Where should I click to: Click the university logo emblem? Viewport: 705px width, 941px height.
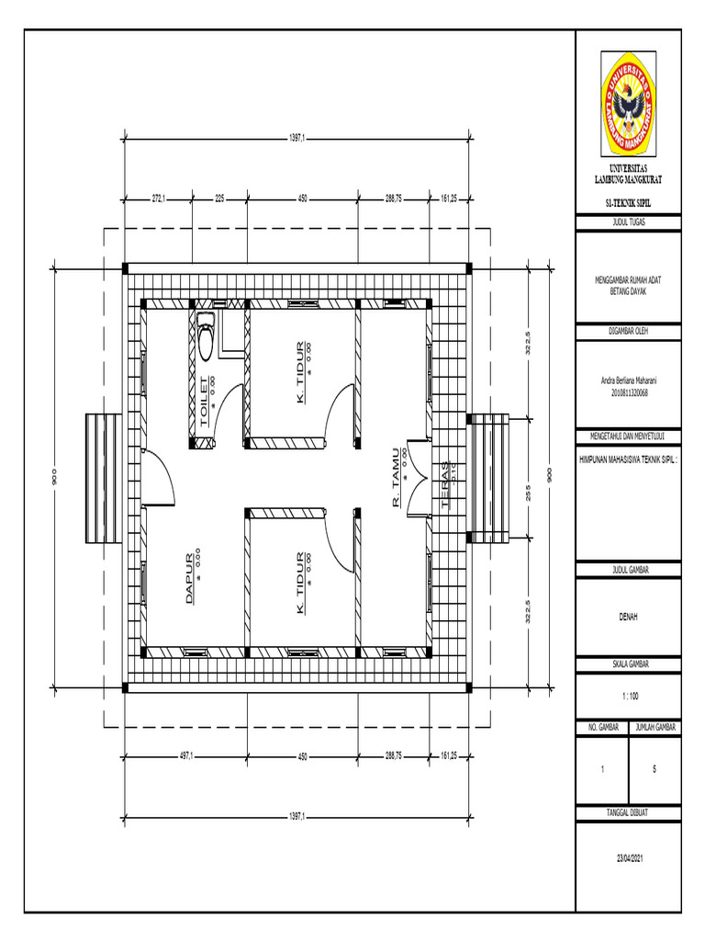tap(629, 103)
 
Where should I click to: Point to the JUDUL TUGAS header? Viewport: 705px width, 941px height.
tap(629, 221)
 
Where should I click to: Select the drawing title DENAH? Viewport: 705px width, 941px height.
tap(629, 618)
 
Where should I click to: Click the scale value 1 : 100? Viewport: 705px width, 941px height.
tap(629, 696)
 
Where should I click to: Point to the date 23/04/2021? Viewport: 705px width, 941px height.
tap(629, 857)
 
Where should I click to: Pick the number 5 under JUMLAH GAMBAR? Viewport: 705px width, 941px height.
tap(655, 770)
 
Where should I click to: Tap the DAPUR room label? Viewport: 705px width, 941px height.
tap(192, 579)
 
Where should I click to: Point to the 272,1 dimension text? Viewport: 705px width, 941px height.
tap(158, 198)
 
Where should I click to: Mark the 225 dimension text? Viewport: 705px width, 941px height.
tap(220, 198)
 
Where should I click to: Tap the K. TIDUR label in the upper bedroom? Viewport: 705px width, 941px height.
tap(300, 372)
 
